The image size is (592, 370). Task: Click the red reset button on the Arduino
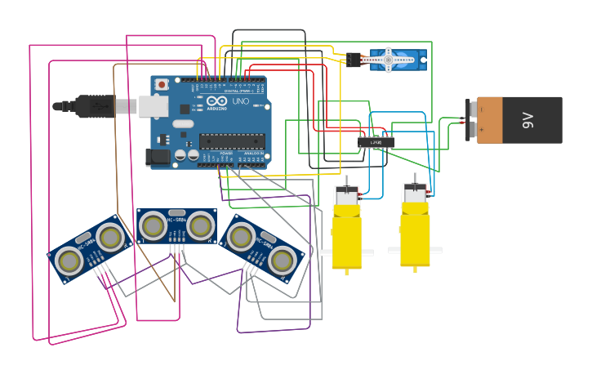click(162, 84)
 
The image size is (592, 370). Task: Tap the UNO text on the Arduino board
click(241, 101)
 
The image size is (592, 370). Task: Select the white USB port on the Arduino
click(153, 107)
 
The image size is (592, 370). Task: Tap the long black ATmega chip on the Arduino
click(232, 141)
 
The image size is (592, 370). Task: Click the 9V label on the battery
click(527, 120)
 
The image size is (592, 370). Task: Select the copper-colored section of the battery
click(490, 120)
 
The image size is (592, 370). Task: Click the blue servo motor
click(396, 60)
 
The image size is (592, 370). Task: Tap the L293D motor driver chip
click(376, 143)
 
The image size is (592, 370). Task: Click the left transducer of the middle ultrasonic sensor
click(153, 226)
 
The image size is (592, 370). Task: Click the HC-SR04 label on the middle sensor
click(176, 219)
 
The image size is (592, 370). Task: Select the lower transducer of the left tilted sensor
click(69, 261)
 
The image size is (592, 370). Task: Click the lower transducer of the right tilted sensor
click(282, 261)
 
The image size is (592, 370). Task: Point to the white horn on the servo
click(389, 59)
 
